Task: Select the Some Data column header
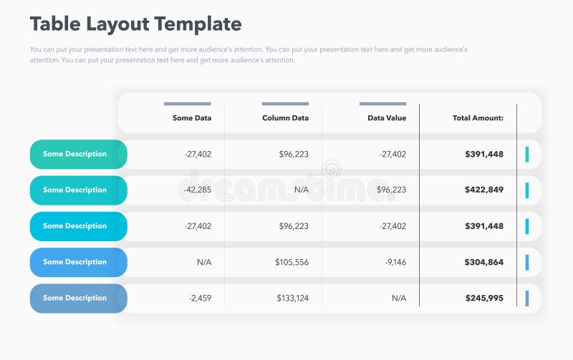tap(192, 118)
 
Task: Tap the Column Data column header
tap(285, 118)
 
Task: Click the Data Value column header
tap(387, 118)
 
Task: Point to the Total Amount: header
tap(478, 118)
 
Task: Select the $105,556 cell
tap(292, 263)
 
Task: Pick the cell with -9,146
tap(395, 263)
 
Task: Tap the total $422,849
tap(484, 190)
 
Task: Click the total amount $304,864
tap(484, 263)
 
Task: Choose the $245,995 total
tap(484, 298)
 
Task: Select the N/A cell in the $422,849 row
tap(301, 190)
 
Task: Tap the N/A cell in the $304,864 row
tap(204, 263)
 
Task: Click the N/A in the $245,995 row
tap(399, 298)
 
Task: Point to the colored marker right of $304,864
tap(527, 263)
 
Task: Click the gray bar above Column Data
tap(285, 104)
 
